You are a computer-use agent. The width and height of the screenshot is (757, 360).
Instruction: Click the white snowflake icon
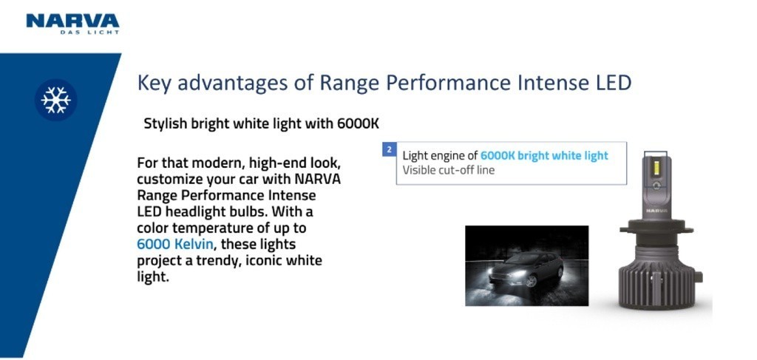click(55, 100)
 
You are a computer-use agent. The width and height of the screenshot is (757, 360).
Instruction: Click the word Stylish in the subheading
click(165, 123)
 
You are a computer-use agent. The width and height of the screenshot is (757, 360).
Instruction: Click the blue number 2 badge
click(389, 149)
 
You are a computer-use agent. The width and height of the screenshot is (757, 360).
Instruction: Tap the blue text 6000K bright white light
click(544, 155)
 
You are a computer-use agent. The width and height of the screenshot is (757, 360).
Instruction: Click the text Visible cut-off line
click(448, 170)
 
